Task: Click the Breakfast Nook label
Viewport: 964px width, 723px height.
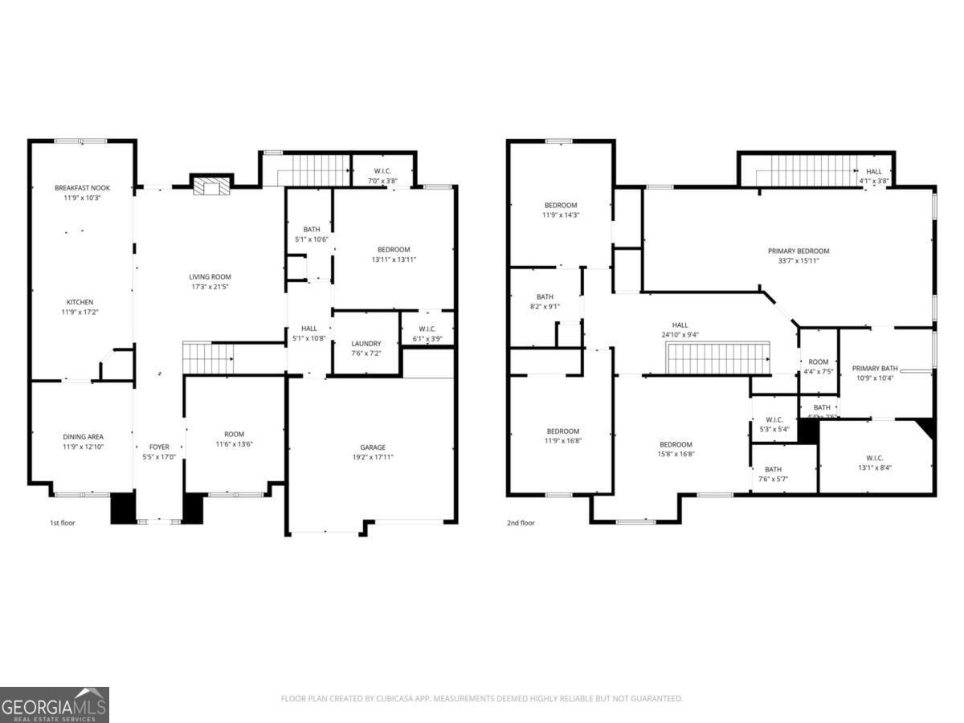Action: click(x=82, y=187)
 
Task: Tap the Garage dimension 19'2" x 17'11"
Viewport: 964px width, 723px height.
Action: click(x=373, y=457)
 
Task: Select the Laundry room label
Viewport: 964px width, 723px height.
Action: click(x=366, y=344)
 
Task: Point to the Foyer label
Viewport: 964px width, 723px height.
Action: click(x=159, y=447)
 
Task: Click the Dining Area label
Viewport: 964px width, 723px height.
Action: click(x=83, y=437)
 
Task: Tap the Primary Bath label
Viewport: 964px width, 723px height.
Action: click(x=872, y=368)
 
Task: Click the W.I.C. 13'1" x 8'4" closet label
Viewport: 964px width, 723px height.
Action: click(x=875, y=458)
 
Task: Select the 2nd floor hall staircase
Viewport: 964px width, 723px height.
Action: click(x=718, y=358)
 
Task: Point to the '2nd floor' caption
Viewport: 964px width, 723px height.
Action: click(x=521, y=523)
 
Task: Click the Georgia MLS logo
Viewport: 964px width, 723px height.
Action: click(x=54, y=705)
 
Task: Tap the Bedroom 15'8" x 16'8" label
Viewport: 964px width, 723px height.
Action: click(x=676, y=444)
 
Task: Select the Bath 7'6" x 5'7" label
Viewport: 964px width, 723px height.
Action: click(x=773, y=469)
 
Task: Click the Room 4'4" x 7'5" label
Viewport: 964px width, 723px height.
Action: click(x=818, y=361)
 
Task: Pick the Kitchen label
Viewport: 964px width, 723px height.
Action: click(x=80, y=302)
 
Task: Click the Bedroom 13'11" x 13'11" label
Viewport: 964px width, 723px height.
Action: click(x=394, y=249)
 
